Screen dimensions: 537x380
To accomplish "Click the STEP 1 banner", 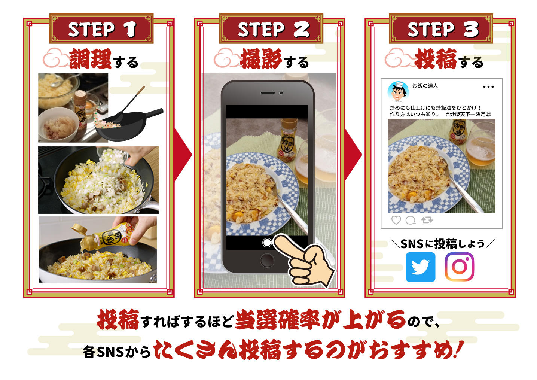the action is pos(101,28).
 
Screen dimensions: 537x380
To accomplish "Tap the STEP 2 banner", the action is pos(271,28).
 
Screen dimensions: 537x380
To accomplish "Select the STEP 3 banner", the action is pos(441,28).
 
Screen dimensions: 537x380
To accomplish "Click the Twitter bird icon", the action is pos(421,267).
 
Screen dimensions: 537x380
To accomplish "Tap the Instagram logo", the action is pos(459,267).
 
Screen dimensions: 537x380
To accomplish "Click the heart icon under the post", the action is pos(396,220).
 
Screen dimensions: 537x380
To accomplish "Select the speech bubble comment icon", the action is pos(411,220).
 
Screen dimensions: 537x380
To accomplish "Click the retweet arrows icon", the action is pos(427,220).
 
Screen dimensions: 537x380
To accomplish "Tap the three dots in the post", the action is pos(488,87).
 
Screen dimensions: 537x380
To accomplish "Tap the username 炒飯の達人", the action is pos(425,86).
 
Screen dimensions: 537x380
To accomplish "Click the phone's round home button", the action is pos(267,260).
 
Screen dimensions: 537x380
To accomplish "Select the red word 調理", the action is pos(90,59).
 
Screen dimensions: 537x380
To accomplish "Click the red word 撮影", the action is pos(261,59).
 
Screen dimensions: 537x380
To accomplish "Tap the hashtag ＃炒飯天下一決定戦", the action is pos(468,115).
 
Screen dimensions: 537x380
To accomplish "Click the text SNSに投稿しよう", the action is pos(443,244).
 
